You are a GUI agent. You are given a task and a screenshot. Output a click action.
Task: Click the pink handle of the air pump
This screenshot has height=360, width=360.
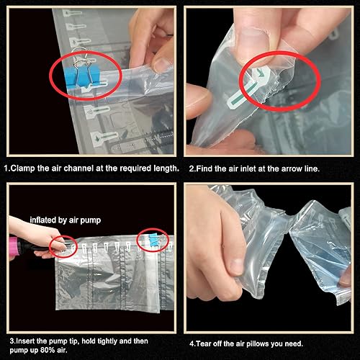tap(15, 246)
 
